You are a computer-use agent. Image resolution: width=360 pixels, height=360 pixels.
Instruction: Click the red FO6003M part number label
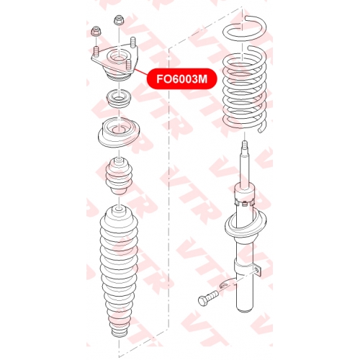tap(181, 79)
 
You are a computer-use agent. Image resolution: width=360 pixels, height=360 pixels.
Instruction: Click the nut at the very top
tap(118, 20)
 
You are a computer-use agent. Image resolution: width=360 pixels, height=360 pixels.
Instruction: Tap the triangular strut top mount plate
tap(114, 62)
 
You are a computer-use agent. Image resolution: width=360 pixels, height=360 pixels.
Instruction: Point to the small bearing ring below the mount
tap(119, 99)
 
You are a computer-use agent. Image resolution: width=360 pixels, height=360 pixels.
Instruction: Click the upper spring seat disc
tap(119, 132)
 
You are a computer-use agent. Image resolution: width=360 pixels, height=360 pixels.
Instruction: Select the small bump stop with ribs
tap(119, 176)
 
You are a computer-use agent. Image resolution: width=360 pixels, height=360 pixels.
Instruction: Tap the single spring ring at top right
tap(245, 27)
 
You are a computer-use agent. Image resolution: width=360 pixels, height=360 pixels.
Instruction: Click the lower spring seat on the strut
tap(246, 225)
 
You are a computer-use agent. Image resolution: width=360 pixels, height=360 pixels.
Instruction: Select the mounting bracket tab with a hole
tap(257, 271)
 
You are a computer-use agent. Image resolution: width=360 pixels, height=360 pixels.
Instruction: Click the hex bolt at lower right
tap(207, 297)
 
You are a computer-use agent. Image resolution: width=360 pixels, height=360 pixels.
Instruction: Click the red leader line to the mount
tap(141, 72)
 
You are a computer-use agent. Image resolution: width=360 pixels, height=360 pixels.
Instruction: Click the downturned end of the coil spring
tap(262, 127)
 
